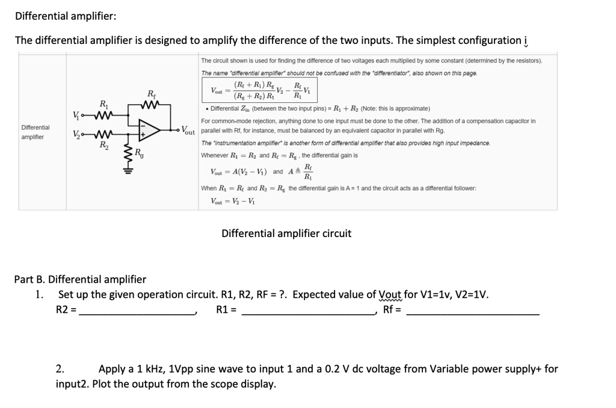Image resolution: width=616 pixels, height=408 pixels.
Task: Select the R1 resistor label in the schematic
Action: pyautogui.click(x=104, y=104)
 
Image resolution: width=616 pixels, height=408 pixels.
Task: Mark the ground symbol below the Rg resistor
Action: pyautogui.click(x=127, y=170)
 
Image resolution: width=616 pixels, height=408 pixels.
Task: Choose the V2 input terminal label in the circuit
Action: pyautogui.click(x=76, y=134)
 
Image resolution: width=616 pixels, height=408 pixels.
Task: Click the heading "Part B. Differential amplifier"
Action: pyautogui.click(x=80, y=279)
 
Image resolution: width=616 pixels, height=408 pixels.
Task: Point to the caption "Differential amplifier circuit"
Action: pyautogui.click(x=286, y=233)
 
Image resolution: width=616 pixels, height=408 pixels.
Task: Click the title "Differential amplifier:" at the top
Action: pyautogui.click(x=66, y=16)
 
